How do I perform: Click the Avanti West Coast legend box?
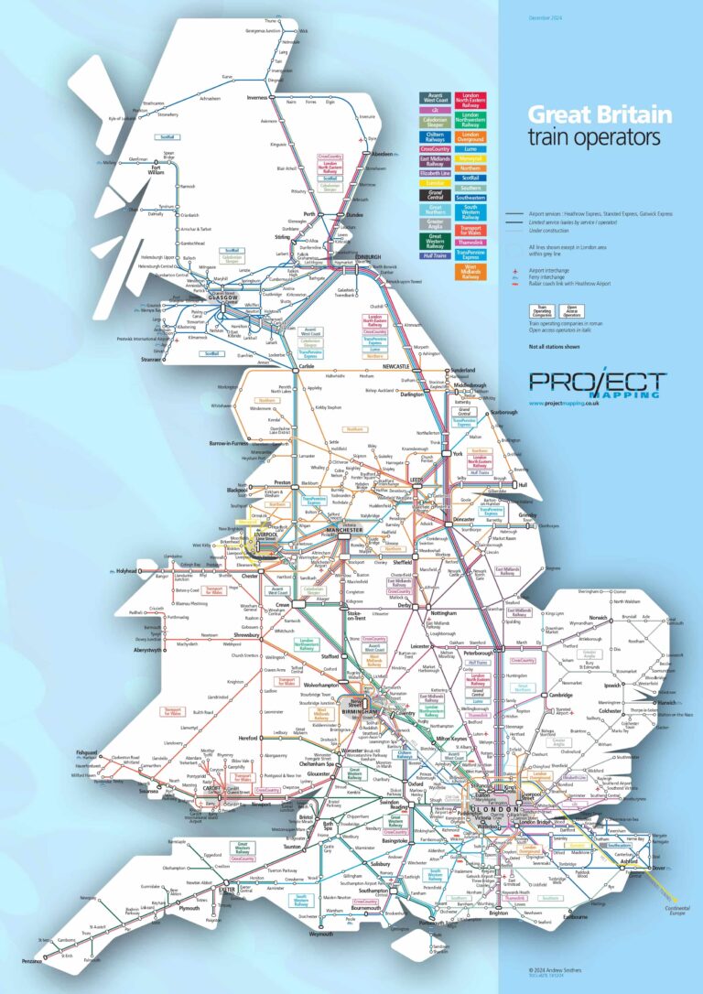(433, 98)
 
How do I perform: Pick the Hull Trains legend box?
(433, 258)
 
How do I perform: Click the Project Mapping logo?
(597, 383)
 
